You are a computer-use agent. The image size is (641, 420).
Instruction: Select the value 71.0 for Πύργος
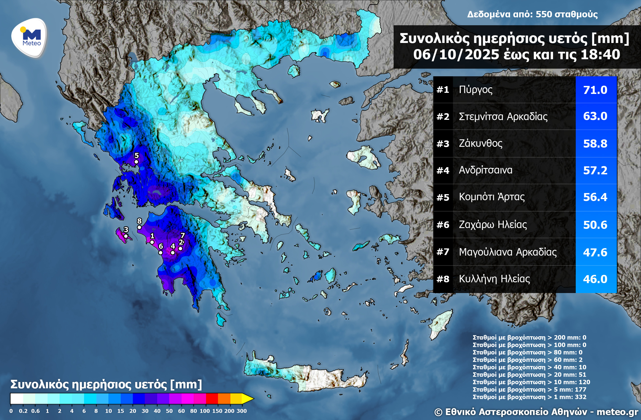pos(595,90)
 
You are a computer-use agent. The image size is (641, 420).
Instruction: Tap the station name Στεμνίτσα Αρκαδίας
pos(503,116)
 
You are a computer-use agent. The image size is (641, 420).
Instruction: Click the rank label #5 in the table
pos(443,197)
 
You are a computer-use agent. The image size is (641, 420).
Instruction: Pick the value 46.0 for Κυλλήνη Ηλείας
pos(595,279)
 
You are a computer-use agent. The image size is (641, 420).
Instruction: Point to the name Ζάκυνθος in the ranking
pos(480,143)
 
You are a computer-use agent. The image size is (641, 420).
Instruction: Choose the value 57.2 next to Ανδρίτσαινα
pos(595,170)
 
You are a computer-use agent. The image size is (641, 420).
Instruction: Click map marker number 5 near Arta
pos(136,162)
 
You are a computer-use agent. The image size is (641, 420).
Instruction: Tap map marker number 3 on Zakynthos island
pos(126,236)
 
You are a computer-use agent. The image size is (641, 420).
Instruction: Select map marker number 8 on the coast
pos(139,227)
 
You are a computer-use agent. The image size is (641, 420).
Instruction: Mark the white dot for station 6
pos(160,253)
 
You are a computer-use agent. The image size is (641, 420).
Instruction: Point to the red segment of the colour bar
pos(212,398)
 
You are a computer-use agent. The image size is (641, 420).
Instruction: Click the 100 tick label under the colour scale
pos(205,411)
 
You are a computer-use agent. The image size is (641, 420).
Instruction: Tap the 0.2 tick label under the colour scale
pos(23,411)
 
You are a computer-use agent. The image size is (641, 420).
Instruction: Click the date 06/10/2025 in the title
pos(456,55)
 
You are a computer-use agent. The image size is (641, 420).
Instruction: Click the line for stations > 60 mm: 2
pos(527,360)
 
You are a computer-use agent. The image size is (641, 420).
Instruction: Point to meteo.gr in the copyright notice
pos(617,412)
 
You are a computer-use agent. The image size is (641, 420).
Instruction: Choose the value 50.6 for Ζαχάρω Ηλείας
pos(595,225)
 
